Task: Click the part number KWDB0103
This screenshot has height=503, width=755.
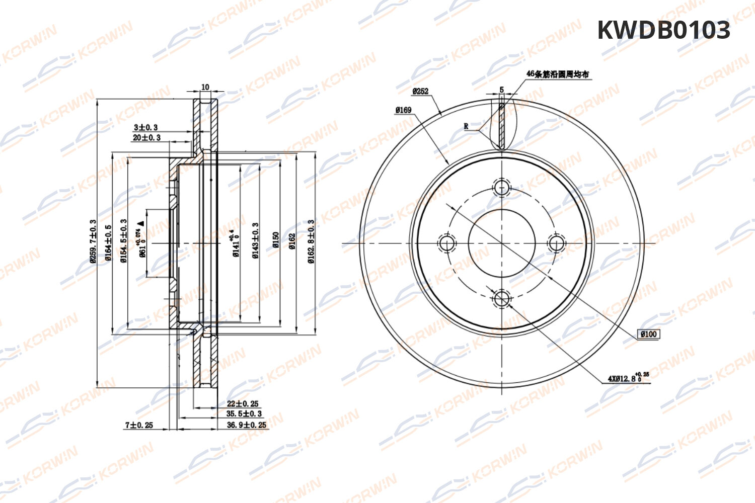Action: click(663, 30)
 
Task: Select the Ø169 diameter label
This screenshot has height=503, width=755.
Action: click(403, 110)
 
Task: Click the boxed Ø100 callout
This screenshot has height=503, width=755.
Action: click(649, 334)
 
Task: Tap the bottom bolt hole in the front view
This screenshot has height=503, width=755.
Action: click(502, 299)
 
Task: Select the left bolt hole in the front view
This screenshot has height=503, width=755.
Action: click(446, 243)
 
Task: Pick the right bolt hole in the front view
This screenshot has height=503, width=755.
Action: click(556, 243)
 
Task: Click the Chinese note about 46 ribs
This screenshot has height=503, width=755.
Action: click(557, 74)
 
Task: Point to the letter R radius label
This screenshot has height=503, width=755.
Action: click(466, 126)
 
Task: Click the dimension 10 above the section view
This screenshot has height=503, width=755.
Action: click(205, 87)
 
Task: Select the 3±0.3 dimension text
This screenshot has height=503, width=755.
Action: click(145, 127)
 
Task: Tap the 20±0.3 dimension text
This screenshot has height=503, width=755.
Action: click(146, 137)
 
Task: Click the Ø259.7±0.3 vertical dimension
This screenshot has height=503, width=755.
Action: click(93, 241)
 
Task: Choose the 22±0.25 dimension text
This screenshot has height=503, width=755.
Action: click(242, 403)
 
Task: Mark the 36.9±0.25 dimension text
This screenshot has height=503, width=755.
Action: click(246, 425)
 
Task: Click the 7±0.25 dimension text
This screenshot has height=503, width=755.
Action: click(139, 425)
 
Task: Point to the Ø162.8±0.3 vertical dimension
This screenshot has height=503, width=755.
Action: click(311, 242)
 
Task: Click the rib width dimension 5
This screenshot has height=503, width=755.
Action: click(501, 90)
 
